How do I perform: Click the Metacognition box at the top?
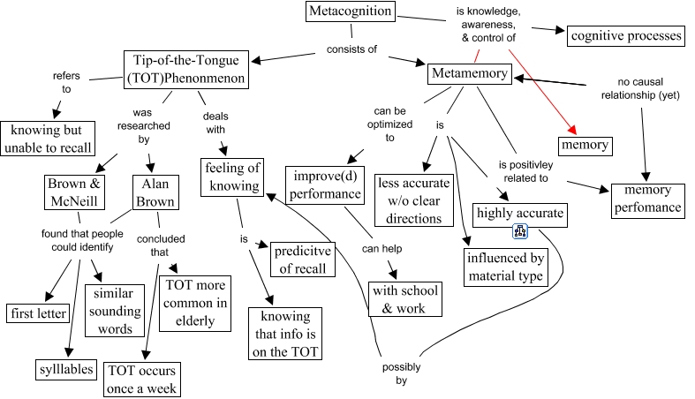(x=351, y=12)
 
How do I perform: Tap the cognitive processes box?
(x=625, y=35)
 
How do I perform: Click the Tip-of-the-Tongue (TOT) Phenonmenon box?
(x=184, y=69)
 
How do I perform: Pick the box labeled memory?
(x=584, y=144)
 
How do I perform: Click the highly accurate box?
(x=519, y=213)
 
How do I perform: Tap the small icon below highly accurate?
(x=520, y=232)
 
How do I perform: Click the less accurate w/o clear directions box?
(x=414, y=199)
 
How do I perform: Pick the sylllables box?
(x=66, y=369)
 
